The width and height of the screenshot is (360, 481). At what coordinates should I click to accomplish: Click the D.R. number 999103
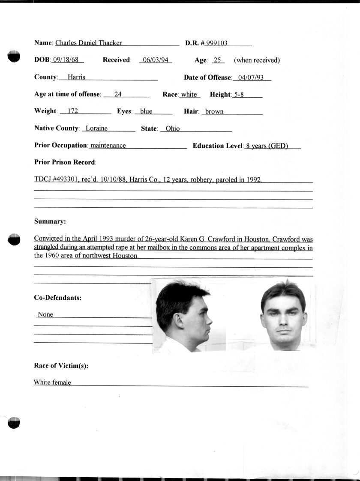(217, 43)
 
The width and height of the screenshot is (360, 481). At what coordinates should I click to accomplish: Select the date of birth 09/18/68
(67, 60)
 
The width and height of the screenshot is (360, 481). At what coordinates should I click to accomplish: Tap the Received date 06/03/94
(156, 60)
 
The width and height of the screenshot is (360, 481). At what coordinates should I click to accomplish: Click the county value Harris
(76, 78)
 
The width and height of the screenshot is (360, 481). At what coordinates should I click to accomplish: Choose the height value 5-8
(237, 95)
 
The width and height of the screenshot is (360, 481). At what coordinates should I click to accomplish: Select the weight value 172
(73, 111)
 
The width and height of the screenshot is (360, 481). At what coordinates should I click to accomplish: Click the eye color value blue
(146, 111)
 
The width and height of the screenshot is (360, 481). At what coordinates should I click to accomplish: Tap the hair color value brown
(214, 111)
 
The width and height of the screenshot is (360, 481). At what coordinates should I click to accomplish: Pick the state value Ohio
(173, 128)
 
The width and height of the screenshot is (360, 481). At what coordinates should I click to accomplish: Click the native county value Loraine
(96, 128)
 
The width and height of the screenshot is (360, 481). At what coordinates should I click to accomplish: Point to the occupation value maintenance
(108, 146)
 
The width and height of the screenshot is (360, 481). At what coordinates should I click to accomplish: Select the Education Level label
(218, 146)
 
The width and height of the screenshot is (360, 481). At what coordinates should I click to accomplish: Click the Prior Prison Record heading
(65, 162)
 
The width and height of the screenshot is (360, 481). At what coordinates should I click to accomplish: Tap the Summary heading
(50, 221)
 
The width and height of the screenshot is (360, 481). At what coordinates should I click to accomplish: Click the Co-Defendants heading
(58, 298)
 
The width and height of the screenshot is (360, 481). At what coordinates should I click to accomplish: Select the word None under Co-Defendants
(45, 314)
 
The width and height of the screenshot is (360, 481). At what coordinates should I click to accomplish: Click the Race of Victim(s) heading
(61, 366)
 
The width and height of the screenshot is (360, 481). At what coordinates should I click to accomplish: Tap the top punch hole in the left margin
(14, 56)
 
